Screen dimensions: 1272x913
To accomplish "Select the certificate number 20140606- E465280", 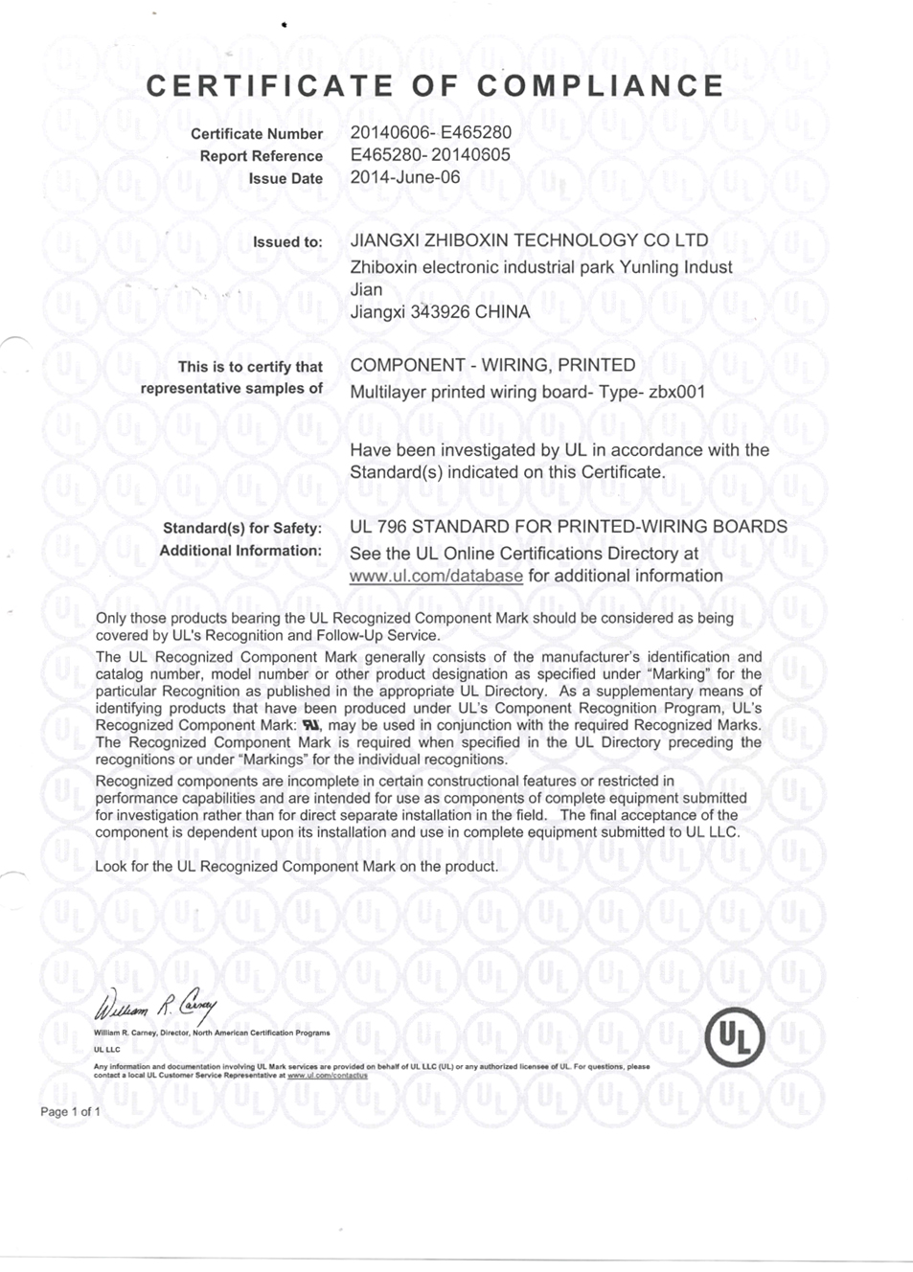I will tap(430, 132).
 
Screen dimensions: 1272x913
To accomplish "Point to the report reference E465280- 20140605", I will tap(430, 154).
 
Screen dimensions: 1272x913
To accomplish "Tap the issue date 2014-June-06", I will tap(405, 176).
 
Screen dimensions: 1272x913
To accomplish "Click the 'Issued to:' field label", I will tap(287, 241).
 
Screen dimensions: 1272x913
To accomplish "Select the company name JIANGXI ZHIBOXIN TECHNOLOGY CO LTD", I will tap(529, 240).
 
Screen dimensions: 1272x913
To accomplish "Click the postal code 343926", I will tap(440, 311).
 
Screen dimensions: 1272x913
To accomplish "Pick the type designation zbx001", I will tap(677, 392).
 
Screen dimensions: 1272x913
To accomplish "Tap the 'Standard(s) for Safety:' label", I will tap(242, 528).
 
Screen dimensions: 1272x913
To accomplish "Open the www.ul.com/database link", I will tap(436, 576).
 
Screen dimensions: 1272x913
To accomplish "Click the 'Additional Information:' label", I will tap(240, 550).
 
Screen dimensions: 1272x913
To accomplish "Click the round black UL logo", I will tap(735, 1036).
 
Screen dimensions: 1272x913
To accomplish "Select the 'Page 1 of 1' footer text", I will tap(70, 1111).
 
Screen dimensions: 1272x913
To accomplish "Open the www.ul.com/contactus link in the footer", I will tap(328, 1075).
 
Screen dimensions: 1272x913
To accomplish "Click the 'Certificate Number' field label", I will tap(257, 134).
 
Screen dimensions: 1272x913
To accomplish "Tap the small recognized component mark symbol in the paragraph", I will tap(310, 725).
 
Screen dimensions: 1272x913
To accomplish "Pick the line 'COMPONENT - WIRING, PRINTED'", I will tap(492, 365).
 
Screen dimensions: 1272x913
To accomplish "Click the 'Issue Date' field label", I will tap(285, 178).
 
